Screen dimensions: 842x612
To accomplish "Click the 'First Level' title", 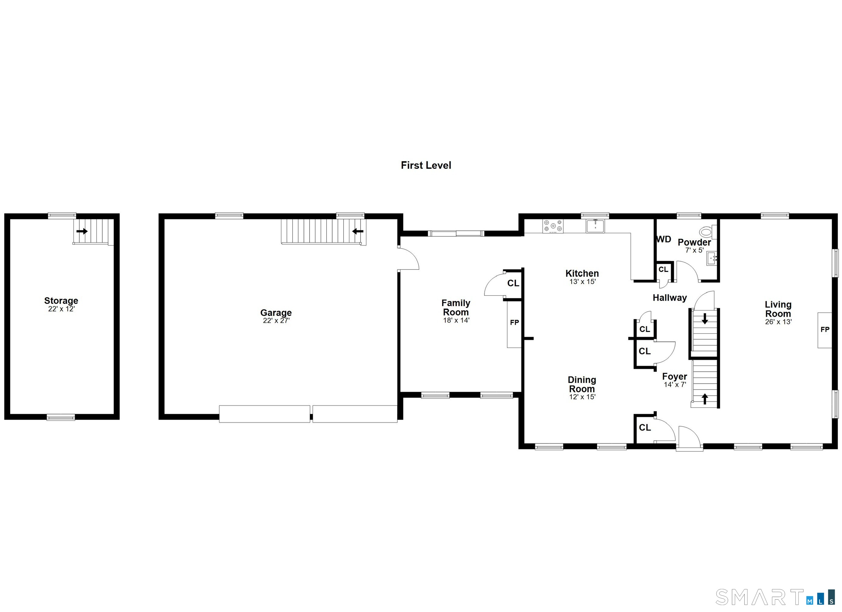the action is click(426, 165).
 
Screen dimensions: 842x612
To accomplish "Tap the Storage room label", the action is click(61, 301).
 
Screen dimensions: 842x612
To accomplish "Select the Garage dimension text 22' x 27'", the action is click(276, 321).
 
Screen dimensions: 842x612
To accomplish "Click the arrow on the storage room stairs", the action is click(82, 231).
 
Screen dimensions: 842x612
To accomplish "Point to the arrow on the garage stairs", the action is click(358, 232).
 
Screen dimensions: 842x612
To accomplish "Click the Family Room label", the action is click(456, 308).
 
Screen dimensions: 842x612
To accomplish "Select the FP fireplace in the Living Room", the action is click(825, 330).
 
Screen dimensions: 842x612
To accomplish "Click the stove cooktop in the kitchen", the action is click(553, 226).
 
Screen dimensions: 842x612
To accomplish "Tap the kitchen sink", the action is click(596, 226).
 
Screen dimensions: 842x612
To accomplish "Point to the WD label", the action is click(664, 239).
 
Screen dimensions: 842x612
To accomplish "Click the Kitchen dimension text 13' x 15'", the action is click(582, 282).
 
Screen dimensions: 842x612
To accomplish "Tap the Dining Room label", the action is click(582, 384).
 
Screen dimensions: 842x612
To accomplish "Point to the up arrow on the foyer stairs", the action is click(704, 399).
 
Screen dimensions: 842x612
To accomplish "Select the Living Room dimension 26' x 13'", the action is click(778, 322).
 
